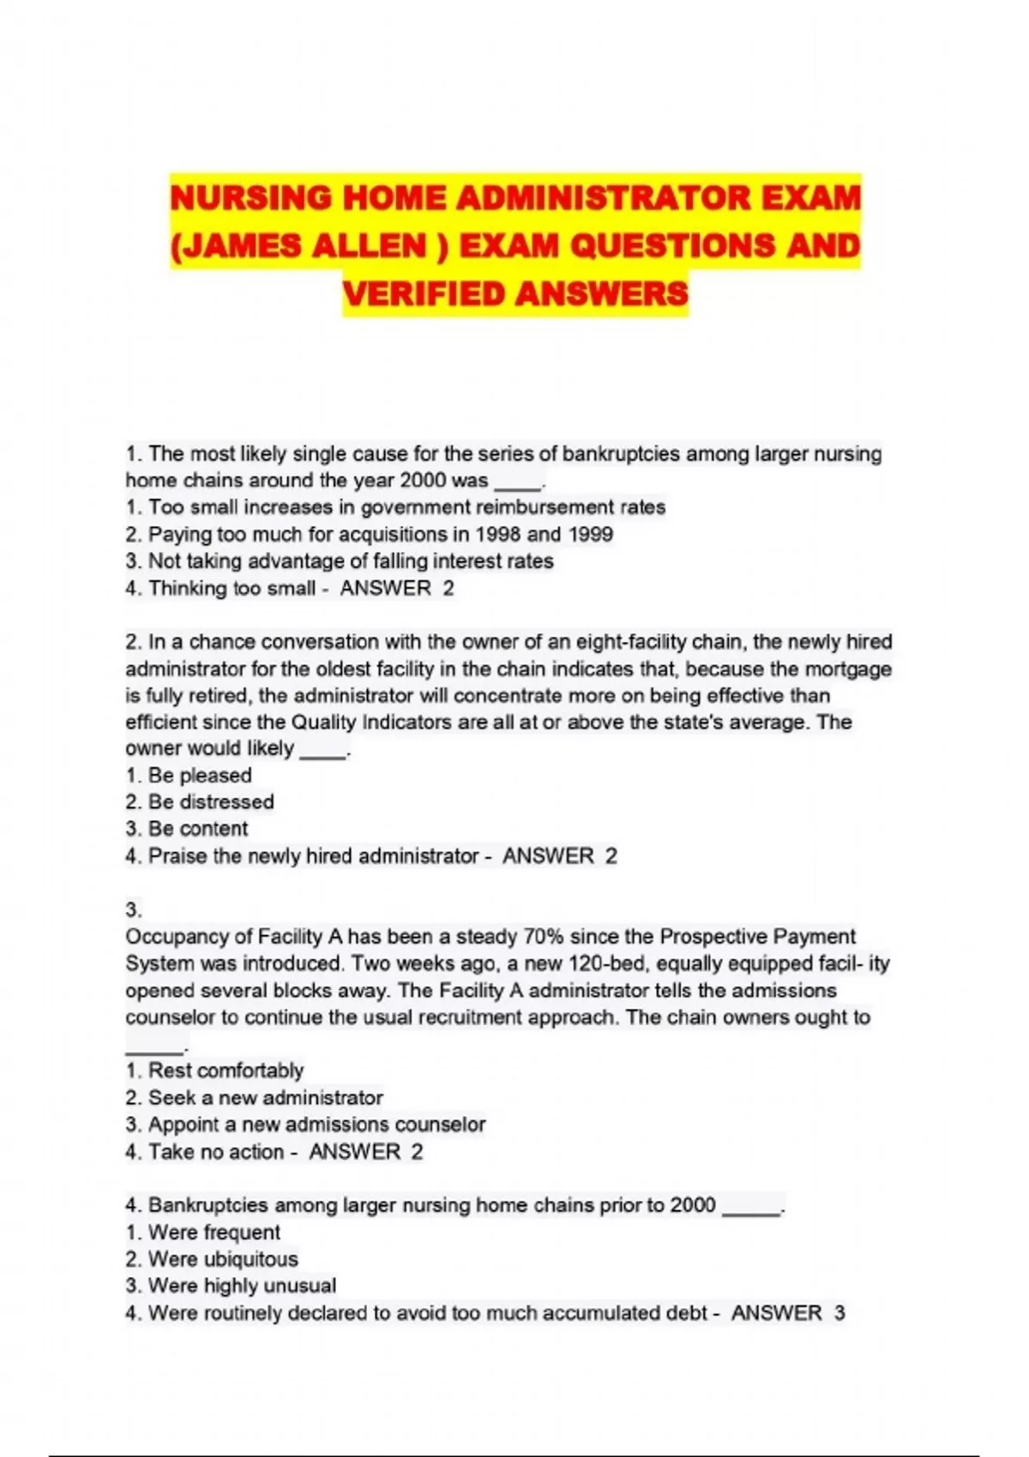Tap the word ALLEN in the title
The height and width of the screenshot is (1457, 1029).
tap(369, 247)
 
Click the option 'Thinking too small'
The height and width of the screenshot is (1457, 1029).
tap(232, 588)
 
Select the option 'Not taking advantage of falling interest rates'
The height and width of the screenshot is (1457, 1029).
tap(350, 561)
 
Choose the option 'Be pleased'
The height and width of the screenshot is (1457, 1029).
tap(200, 776)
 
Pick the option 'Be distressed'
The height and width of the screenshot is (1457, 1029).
tap(211, 802)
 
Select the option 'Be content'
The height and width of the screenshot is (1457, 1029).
tap(198, 829)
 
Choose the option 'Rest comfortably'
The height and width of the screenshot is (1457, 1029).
tap(226, 1070)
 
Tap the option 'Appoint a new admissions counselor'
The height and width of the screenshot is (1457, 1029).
tap(316, 1124)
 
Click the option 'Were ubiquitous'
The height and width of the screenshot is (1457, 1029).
tap(223, 1259)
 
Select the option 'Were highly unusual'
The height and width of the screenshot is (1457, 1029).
tap(242, 1286)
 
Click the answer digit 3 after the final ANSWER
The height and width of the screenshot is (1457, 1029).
tap(839, 1313)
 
